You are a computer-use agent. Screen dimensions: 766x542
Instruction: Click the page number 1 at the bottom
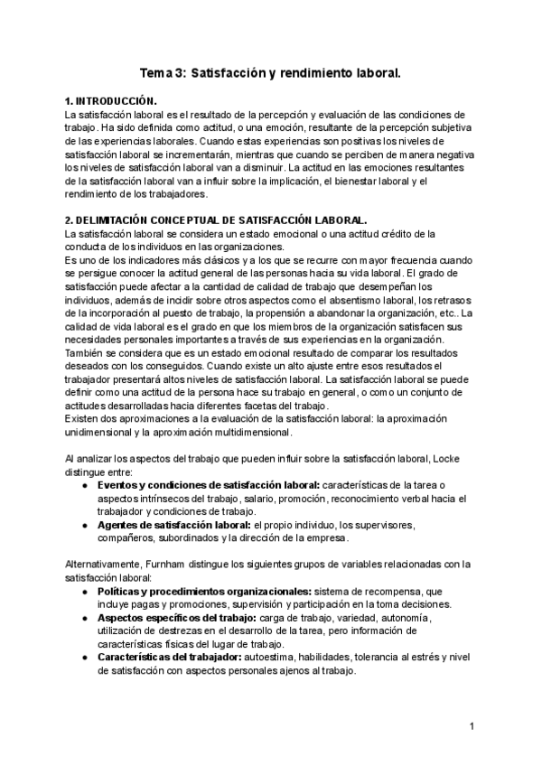472,726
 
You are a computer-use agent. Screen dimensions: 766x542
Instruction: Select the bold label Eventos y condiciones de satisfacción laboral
208,484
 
